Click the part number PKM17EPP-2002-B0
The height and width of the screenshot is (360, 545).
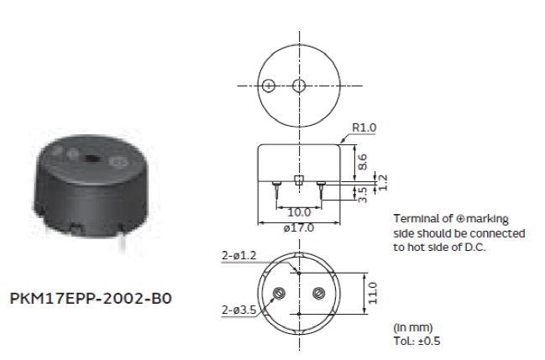[91, 299]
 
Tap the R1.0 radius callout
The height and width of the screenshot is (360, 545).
[364, 128]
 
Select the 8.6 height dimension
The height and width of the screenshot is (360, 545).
[362, 162]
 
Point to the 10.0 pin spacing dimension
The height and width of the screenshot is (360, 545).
[299, 212]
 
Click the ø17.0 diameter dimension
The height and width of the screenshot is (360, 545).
[299, 227]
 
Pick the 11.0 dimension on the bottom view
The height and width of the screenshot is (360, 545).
[372, 293]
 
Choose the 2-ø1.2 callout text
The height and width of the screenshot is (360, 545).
[238, 255]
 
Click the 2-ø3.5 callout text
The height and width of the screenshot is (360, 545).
[238, 310]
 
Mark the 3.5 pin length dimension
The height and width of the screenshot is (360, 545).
[362, 195]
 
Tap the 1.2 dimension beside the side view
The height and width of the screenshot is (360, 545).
[382, 182]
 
